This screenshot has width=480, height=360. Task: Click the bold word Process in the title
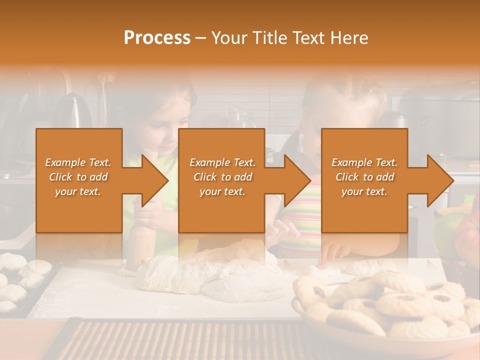tap(157, 38)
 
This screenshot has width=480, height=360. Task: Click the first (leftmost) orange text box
tap(79, 180)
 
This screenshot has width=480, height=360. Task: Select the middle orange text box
tap(221, 180)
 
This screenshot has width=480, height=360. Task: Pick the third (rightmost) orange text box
tap(364, 180)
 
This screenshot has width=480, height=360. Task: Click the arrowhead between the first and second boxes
tap(152, 180)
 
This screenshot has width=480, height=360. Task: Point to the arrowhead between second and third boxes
tap(295, 180)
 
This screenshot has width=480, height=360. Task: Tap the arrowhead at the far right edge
tap(438, 180)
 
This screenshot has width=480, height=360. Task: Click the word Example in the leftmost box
tap(65, 162)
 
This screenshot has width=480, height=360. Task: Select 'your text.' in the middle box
tap(222, 191)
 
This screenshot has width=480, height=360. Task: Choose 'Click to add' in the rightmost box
tap(364, 177)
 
